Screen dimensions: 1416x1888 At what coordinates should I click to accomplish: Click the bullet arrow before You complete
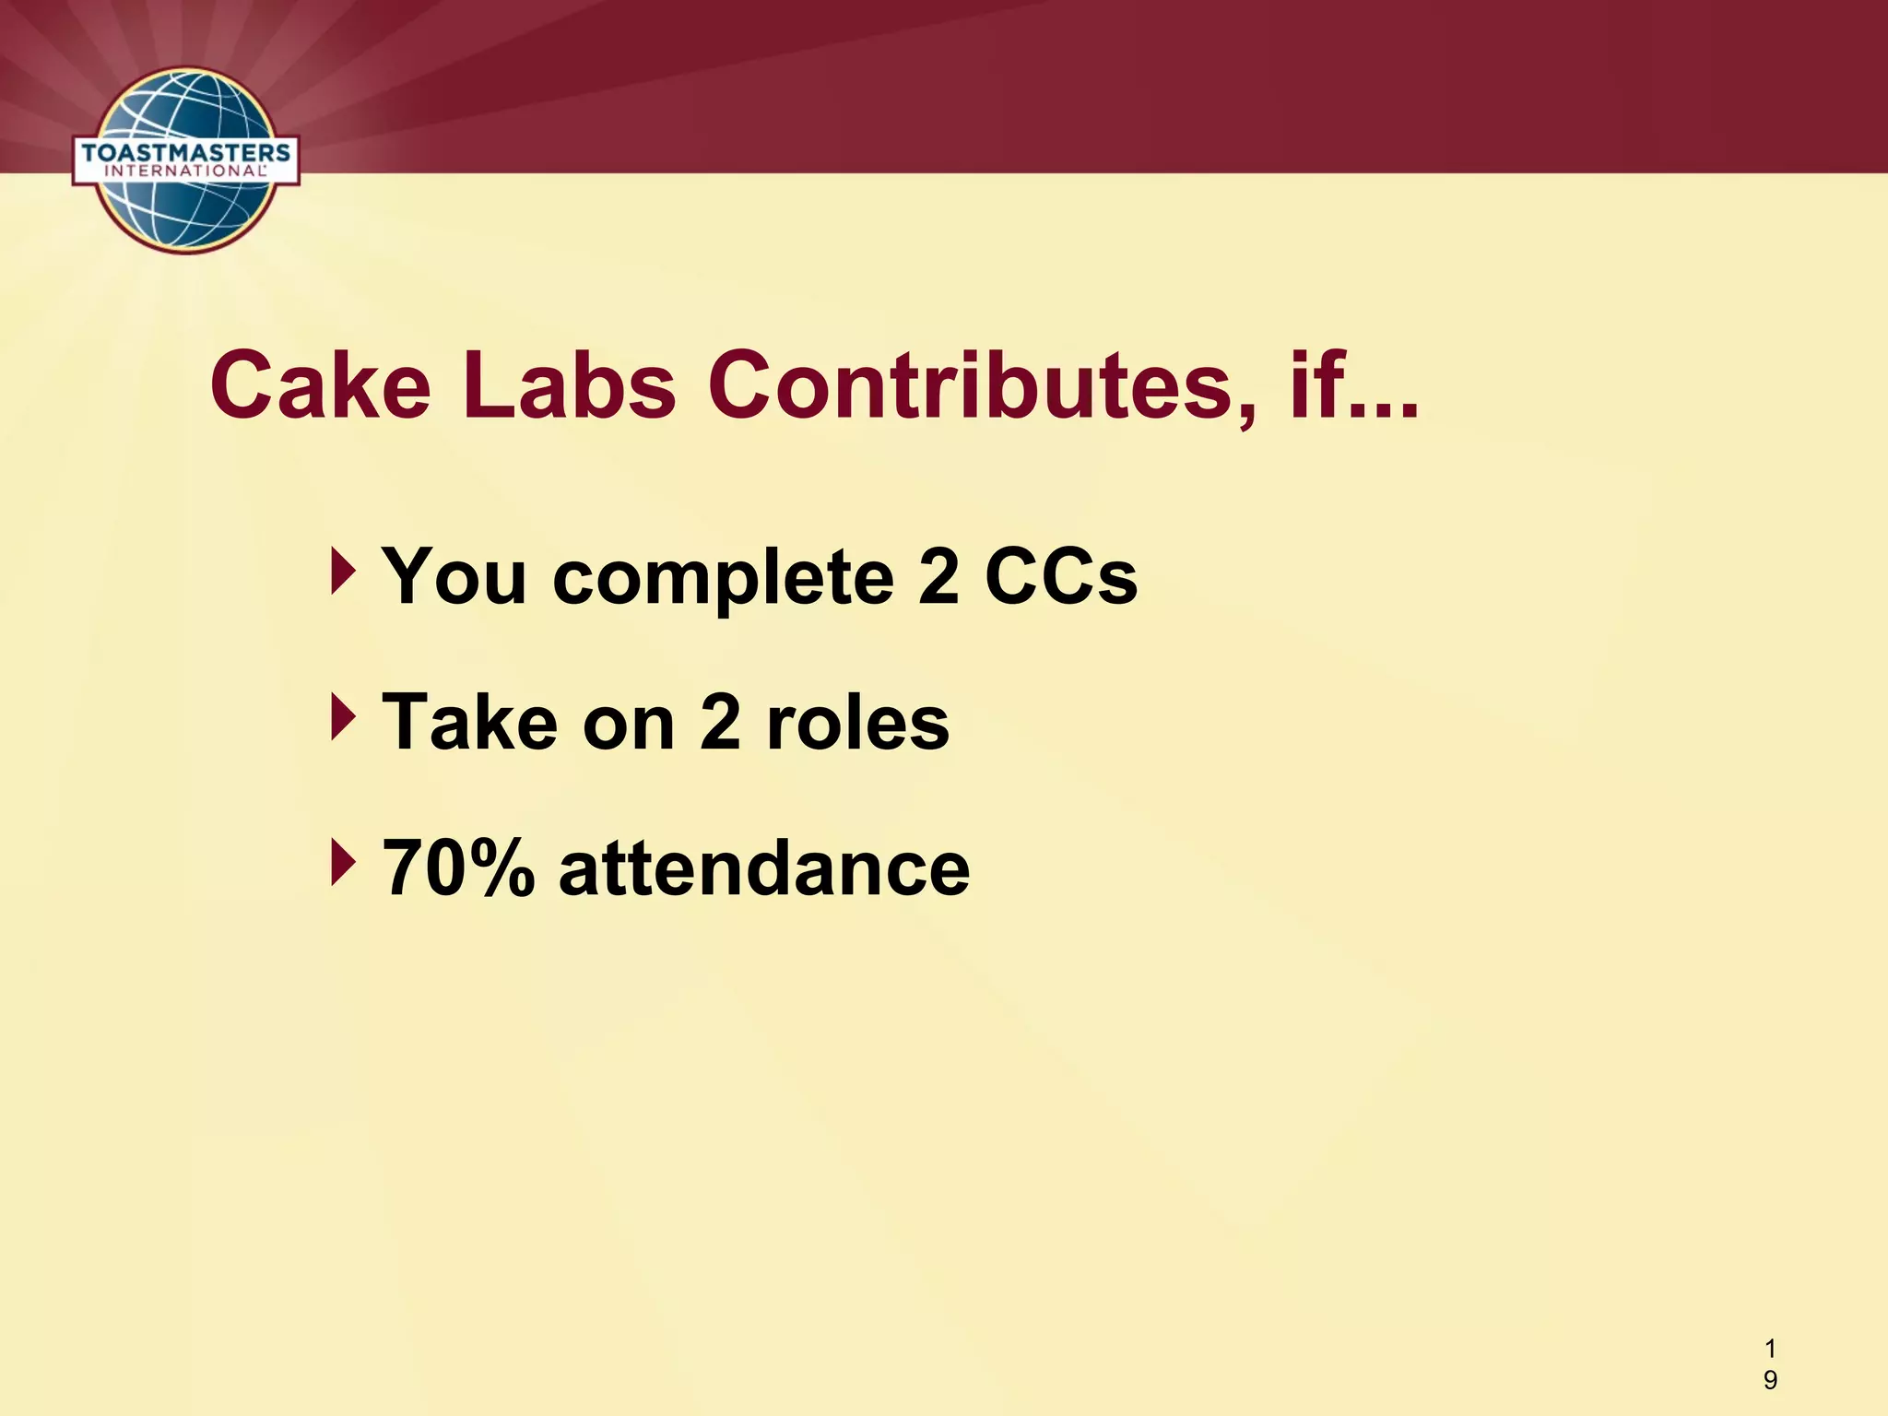click(342, 572)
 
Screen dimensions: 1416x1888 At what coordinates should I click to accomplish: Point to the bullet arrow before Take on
click(342, 718)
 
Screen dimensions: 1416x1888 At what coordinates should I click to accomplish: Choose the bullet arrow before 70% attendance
click(342, 864)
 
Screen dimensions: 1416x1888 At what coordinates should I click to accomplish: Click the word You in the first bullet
click(454, 577)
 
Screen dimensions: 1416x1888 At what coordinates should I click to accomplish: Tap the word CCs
click(1061, 577)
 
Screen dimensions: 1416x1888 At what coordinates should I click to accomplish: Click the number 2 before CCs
click(938, 577)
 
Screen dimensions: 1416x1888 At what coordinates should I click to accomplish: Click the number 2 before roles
click(720, 723)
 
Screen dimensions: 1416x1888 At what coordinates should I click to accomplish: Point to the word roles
click(857, 723)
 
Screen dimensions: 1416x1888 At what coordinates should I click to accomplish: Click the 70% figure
click(458, 868)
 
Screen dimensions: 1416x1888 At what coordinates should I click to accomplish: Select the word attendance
click(764, 868)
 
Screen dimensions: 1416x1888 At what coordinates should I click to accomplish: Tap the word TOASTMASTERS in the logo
click(186, 152)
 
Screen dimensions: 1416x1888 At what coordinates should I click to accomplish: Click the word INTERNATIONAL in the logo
click(186, 171)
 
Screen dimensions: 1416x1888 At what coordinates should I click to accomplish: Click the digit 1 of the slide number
click(1770, 1349)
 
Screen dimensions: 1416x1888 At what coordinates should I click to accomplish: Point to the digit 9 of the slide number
click(1770, 1379)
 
